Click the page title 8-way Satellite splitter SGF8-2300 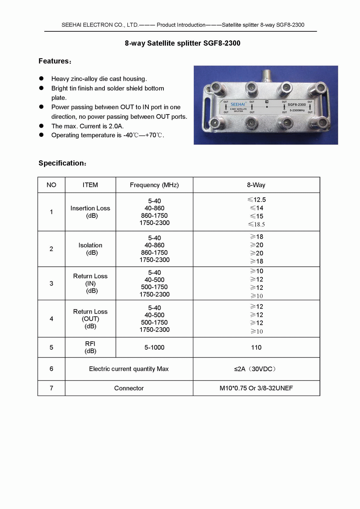[x=183, y=43]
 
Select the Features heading [x=55, y=61]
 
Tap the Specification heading [x=62, y=163]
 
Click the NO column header [x=51, y=185]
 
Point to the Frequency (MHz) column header [x=154, y=185]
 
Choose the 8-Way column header [x=256, y=185]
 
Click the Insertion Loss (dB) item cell [x=90, y=212]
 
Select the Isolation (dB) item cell [x=90, y=249]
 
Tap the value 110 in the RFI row [x=256, y=347]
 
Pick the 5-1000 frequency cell [x=154, y=347]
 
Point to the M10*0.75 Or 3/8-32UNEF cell [x=256, y=388]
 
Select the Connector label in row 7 [x=129, y=388]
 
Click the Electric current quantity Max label [x=129, y=369]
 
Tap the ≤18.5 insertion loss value [x=256, y=224]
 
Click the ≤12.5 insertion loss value [x=257, y=200]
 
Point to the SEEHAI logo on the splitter [x=238, y=104]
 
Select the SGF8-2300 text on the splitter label [x=297, y=105]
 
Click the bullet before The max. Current [x=41, y=126]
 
